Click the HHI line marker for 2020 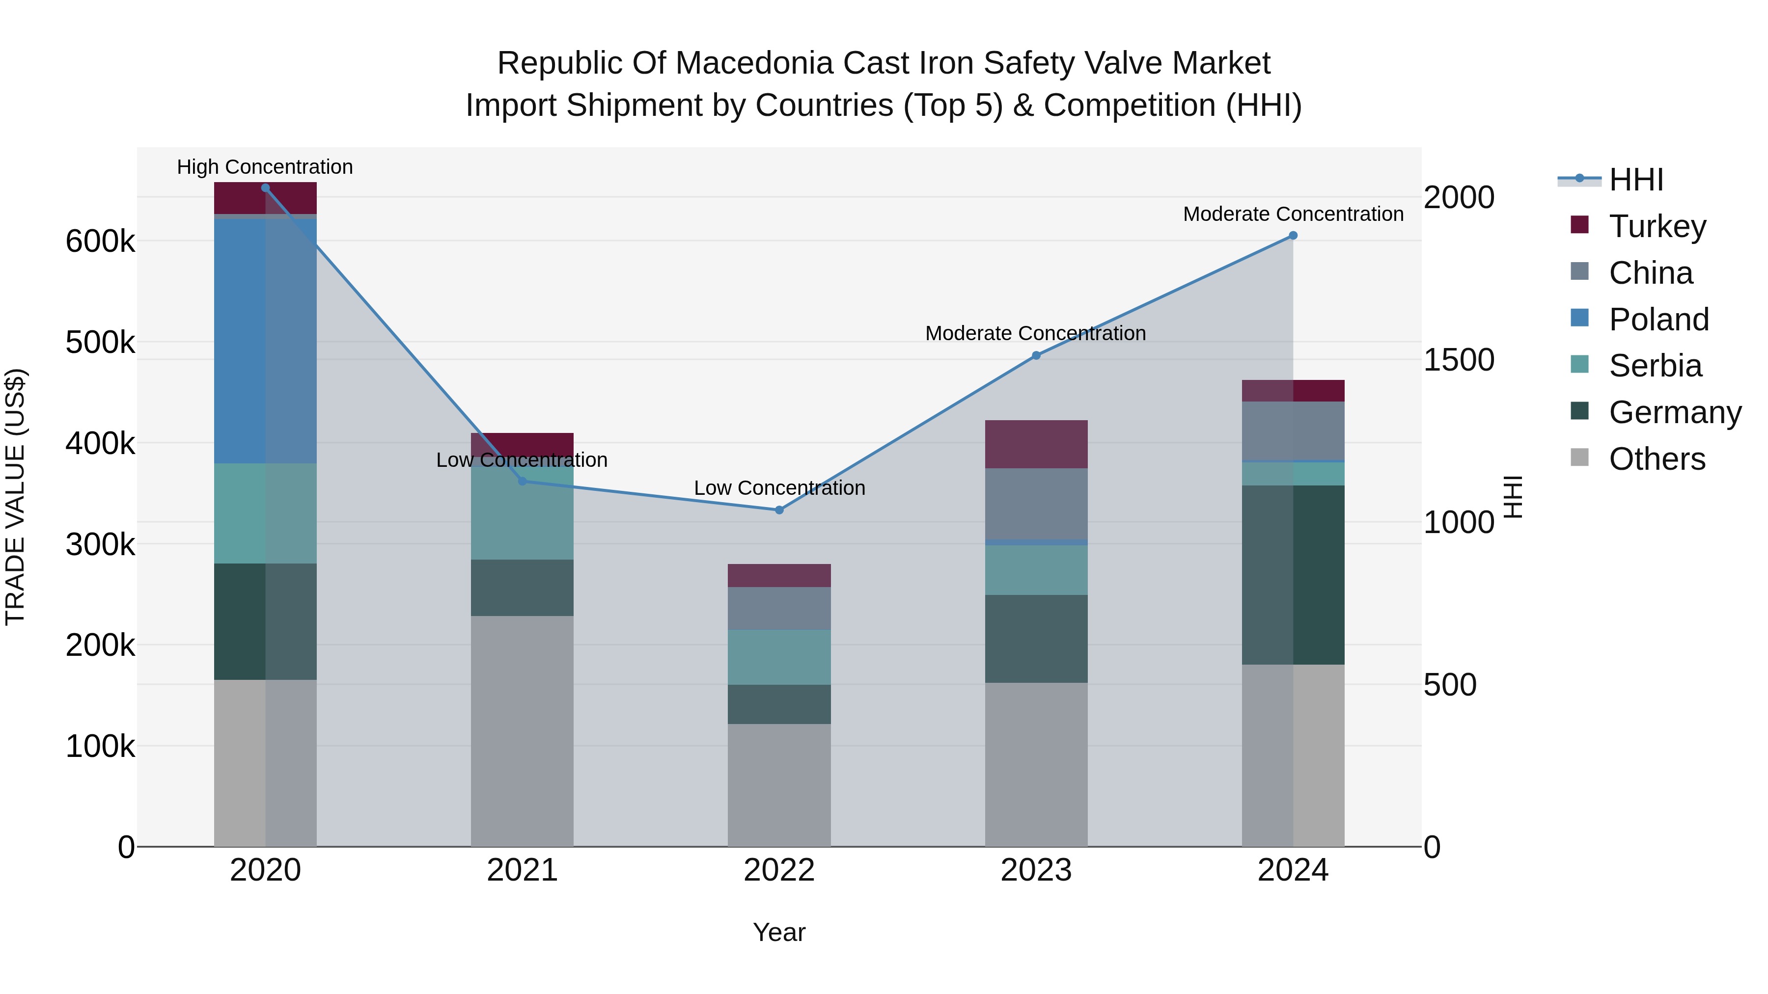click(266, 188)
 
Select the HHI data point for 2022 click(779, 510)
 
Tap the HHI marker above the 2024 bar click(1293, 235)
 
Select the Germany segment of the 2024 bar click(1293, 574)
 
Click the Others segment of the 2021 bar click(522, 730)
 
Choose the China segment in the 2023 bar click(1036, 504)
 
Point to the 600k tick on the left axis click(100, 242)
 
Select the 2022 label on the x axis click(779, 870)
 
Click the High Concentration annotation click(265, 167)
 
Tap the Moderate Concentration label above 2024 click(1293, 214)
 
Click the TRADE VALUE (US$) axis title click(15, 497)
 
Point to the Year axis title click(779, 932)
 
